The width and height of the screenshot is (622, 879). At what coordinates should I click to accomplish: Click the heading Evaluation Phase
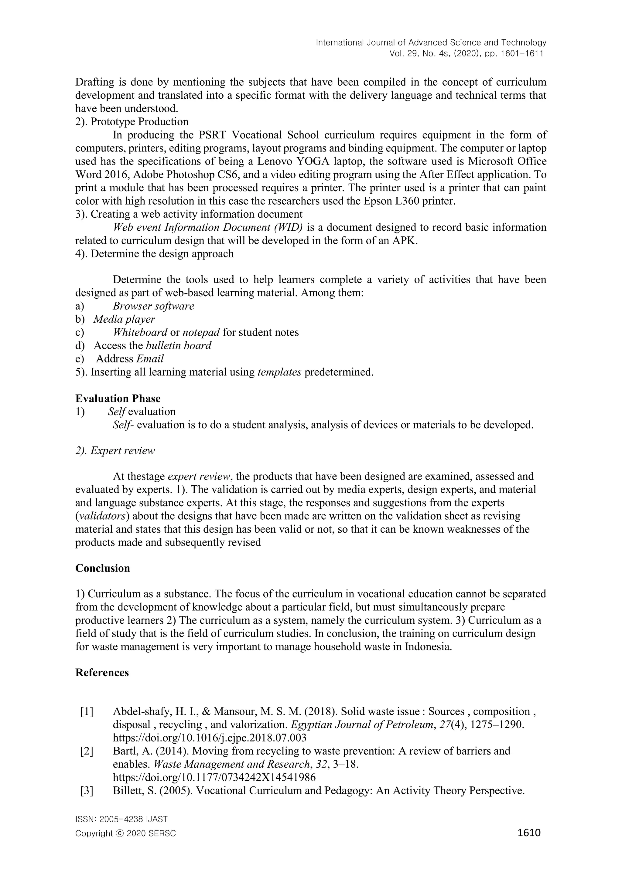click(x=118, y=399)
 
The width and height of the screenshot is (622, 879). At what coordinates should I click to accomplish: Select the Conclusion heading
click(x=103, y=568)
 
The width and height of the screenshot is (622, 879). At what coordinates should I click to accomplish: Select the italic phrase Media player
click(x=125, y=319)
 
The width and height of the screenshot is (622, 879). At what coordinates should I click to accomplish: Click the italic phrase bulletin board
click(x=179, y=346)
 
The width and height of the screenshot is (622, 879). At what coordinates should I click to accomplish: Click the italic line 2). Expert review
click(x=115, y=451)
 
